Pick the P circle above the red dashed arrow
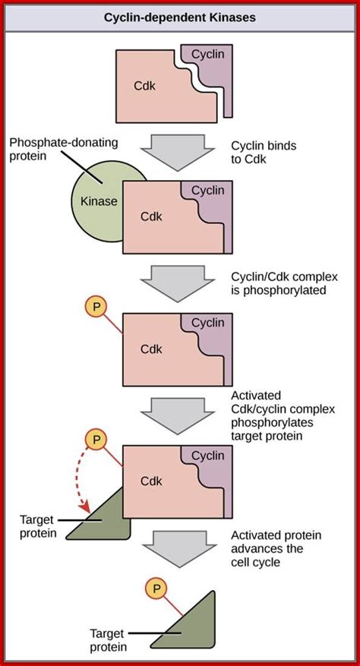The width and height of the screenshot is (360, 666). (95, 439)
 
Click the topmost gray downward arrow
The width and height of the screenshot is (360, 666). (180, 150)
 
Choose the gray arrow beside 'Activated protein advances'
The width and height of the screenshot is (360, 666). (181, 548)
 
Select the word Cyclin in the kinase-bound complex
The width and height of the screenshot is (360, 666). (207, 191)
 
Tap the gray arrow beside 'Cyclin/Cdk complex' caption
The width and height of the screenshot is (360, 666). (180, 282)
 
